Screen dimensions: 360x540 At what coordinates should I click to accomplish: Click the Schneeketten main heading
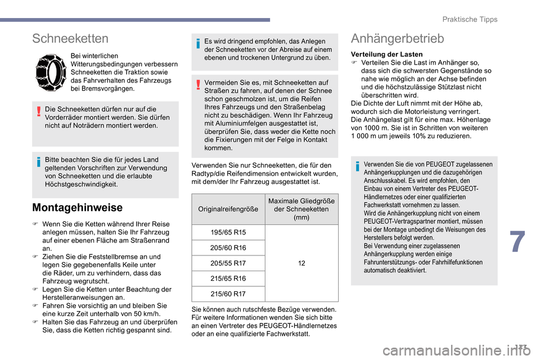click(x=70, y=38)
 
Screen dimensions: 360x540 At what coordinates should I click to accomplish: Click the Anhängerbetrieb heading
click(x=397, y=38)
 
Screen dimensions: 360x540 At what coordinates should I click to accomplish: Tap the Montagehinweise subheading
click(x=78, y=208)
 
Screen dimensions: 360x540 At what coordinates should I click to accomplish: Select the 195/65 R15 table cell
click(x=228, y=233)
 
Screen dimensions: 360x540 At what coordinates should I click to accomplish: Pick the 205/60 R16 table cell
click(x=228, y=248)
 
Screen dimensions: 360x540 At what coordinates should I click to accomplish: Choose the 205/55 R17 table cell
click(x=228, y=263)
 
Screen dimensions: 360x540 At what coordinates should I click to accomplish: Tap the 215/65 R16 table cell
click(x=228, y=278)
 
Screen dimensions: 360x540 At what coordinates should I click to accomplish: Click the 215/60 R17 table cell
click(x=228, y=294)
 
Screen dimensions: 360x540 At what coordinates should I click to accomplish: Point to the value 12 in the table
click(x=301, y=263)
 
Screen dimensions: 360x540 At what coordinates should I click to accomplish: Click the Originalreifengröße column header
click(x=228, y=209)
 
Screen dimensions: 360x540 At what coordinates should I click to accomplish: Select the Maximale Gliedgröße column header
click(x=301, y=209)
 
